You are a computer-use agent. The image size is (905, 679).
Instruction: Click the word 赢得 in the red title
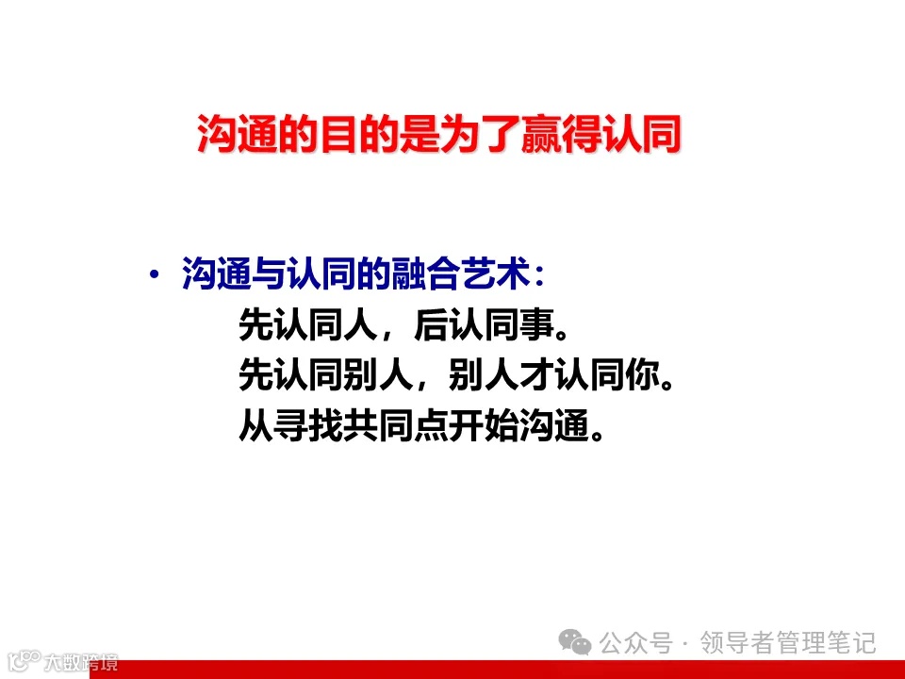click(557, 135)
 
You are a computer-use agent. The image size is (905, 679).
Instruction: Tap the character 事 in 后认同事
click(530, 327)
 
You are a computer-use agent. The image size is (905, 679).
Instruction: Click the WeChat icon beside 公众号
click(576, 643)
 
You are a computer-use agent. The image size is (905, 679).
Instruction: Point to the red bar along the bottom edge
click(509, 670)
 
